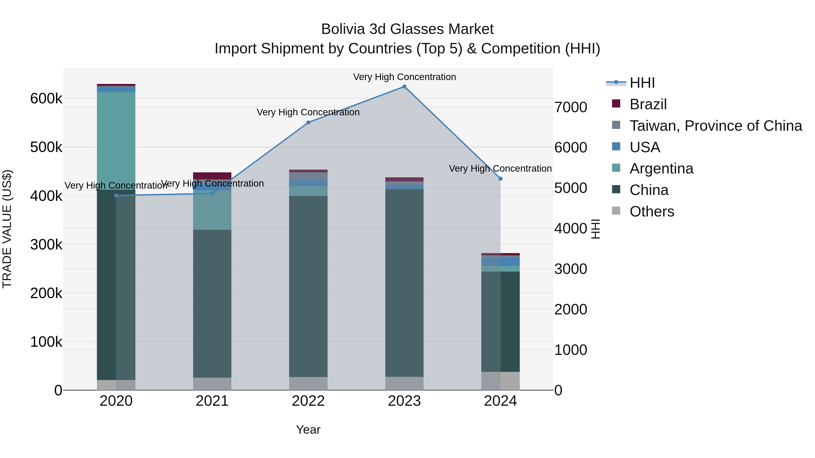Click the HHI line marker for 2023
tap(404, 87)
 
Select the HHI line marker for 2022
tap(308, 123)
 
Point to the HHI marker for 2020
tap(116, 196)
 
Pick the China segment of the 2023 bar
tap(404, 283)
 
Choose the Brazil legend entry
tap(648, 104)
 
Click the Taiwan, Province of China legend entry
tap(716, 126)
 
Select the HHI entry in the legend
tap(642, 83)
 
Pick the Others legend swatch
tap(616, 211)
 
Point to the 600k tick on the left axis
tap(46, 99)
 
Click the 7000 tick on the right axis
tap(571, 107)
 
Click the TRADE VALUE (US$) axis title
tap(7, 229)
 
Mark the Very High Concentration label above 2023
tap(404, 77)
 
